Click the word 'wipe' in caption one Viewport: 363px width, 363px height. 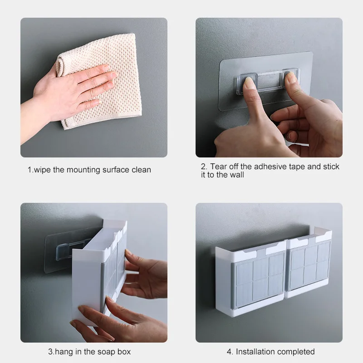tap(44, 170)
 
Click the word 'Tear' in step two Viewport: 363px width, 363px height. tap(219, 167)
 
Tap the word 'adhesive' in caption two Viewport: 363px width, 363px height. tap(272, 167)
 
